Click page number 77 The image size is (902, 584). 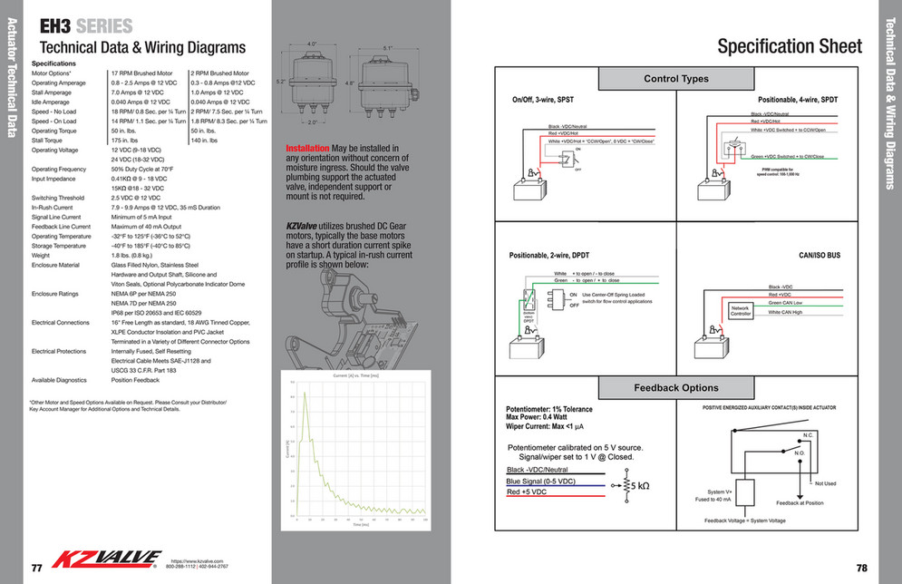point(37,569)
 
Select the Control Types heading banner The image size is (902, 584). point(675,79)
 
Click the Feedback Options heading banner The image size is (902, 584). point(675,387)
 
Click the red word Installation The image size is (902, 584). point(307,148)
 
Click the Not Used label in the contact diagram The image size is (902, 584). point(825,483)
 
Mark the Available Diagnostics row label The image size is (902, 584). point(59,379)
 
